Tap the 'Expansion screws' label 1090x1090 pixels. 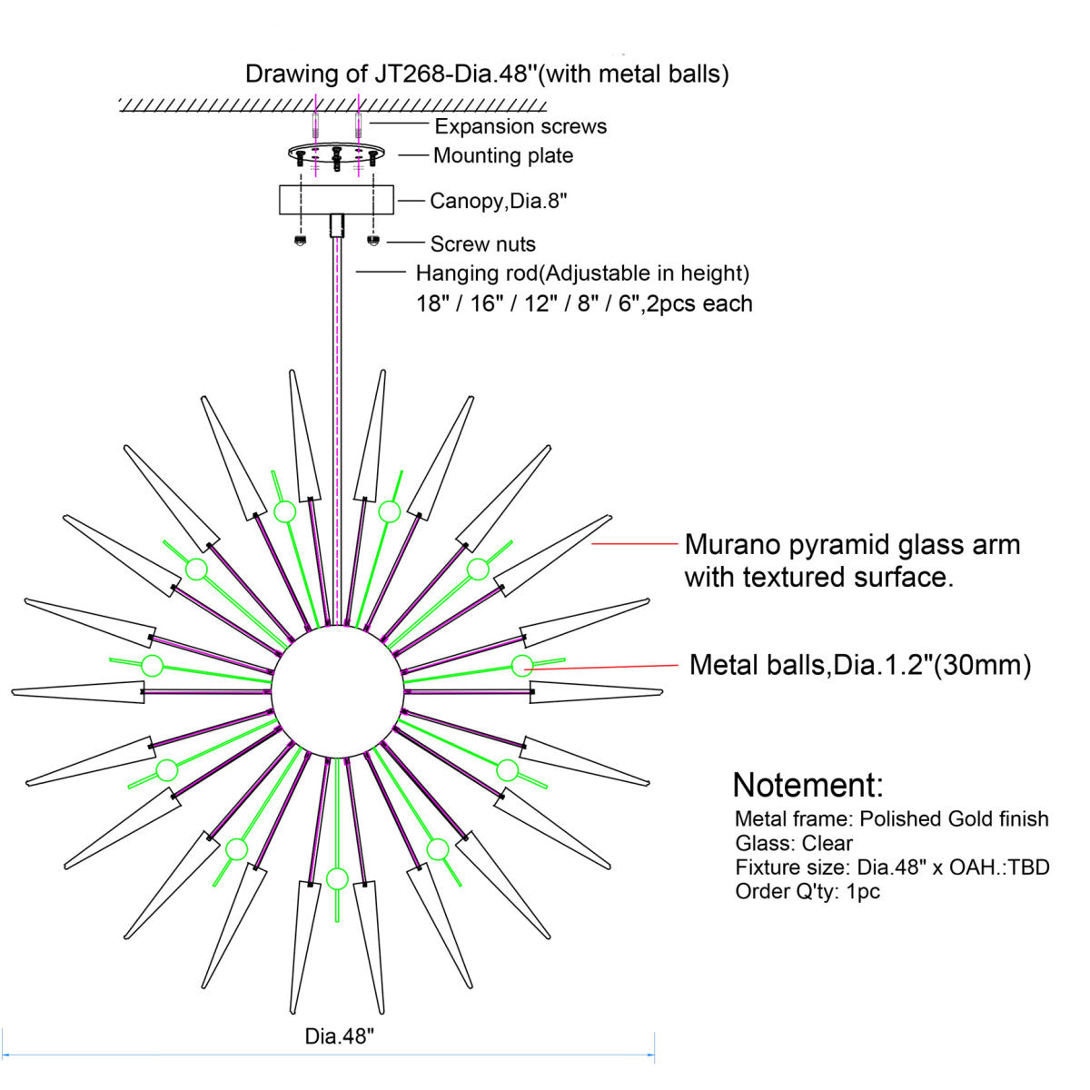[x=520, y=126]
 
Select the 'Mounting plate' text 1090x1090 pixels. [x=503, y=155]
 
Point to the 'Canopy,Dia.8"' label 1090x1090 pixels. [x=498, y=201]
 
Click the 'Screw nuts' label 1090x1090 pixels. [x=482, y=243]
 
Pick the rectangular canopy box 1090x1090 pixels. [x=336, y=200]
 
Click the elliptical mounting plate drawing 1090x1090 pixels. [x=336, y=153]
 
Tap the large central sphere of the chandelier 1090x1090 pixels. [x=337, y=690]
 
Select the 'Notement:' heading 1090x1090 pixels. [x=808, y=785]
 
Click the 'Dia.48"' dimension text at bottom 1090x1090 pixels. [x=339, y=1035]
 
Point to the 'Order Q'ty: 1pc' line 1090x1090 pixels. [x=808, y=891]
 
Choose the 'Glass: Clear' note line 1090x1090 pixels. [x=793, y=843]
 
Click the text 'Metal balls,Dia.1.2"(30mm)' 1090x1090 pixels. [x=860, y=665]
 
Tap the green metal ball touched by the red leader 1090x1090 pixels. [x=522, y=666]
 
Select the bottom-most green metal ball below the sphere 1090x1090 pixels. [x=337, y=878]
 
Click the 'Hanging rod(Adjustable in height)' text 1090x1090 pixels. [x=582, y=273]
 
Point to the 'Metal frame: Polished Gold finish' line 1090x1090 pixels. [x=891, y=818]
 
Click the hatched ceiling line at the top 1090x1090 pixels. [x=332, y=105]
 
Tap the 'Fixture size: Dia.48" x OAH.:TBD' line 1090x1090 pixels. [x=892, y=867]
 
